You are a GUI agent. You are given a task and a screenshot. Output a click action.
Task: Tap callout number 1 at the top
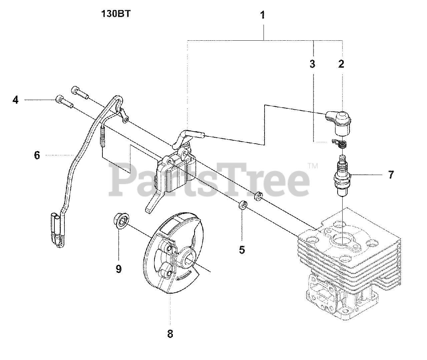point(263,15)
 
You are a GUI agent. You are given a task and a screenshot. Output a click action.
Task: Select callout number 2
point(341,63)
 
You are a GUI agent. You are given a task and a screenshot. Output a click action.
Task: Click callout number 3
point(312,63)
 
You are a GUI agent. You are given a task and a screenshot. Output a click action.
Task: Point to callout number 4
point(16,100)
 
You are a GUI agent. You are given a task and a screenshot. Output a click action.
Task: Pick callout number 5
point(242,249)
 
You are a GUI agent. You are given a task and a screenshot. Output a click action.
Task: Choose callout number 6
point(37,155)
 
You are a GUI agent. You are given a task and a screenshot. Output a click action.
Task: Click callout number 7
point(391,174)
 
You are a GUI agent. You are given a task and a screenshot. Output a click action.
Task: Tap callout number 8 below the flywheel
point(170,333)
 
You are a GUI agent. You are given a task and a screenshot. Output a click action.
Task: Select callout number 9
point(118,269)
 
